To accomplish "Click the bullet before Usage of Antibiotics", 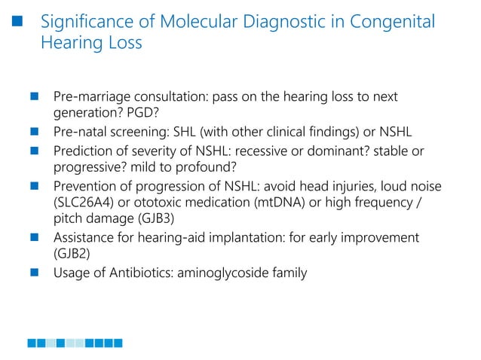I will pyautogui.click(x=34, y=273).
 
